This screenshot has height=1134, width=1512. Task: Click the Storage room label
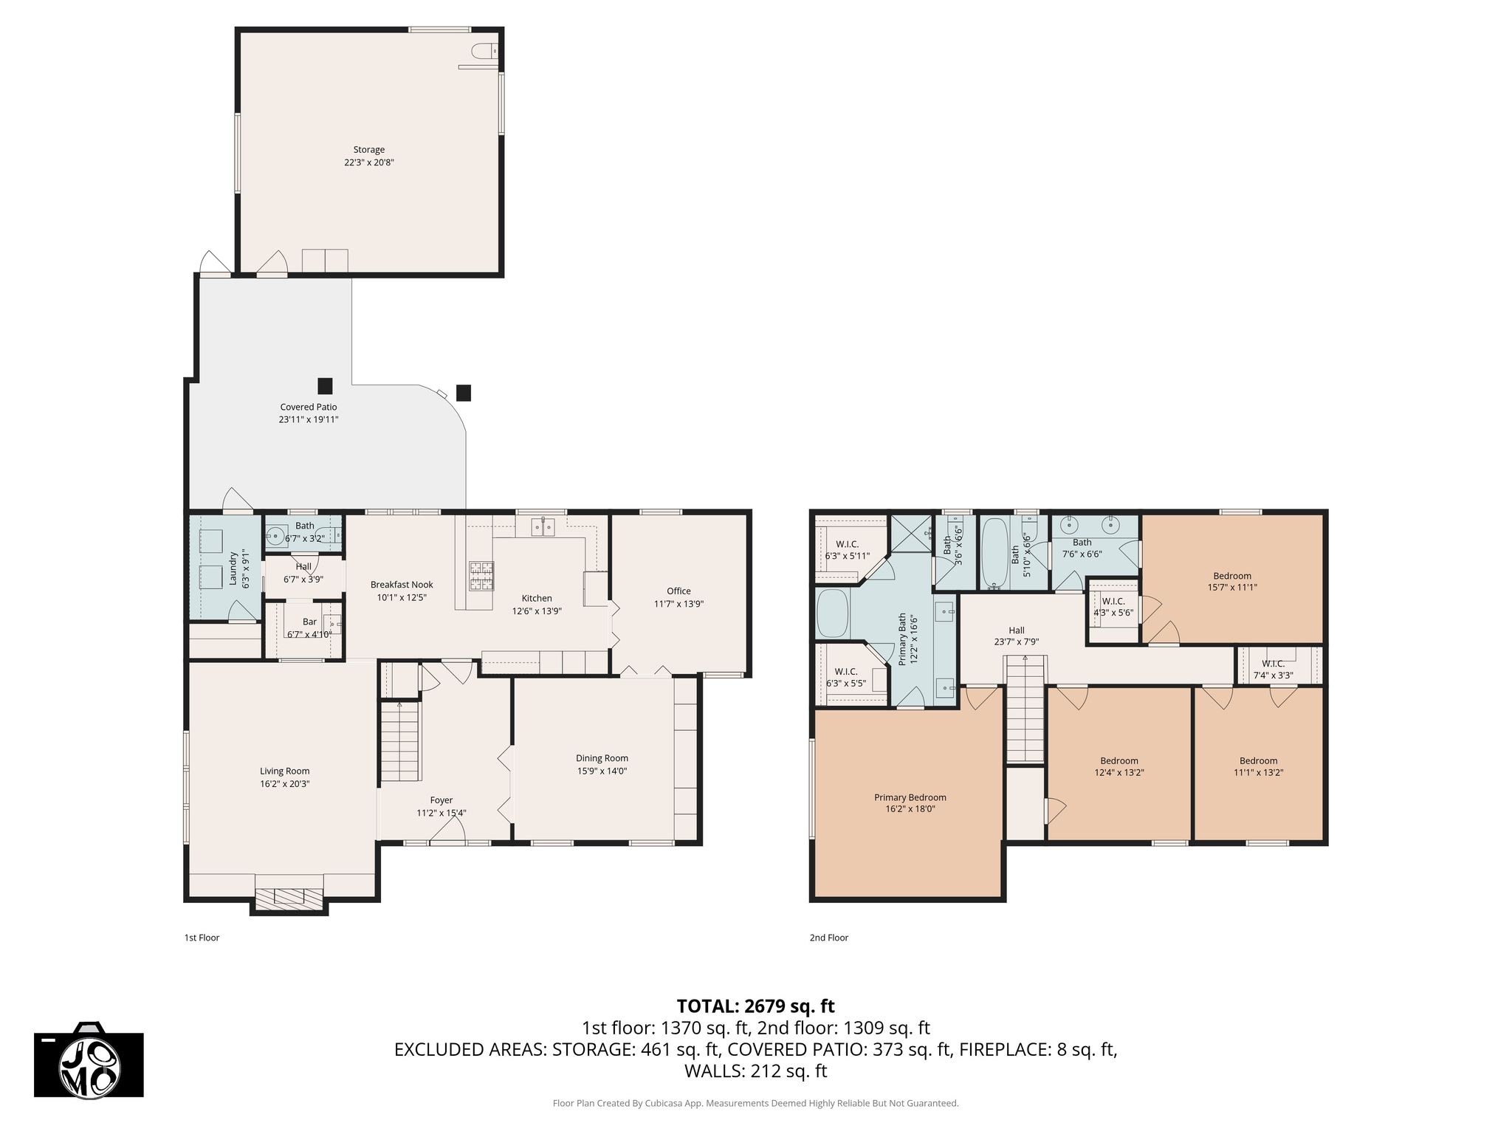pyautogui.click(x=369, y=150)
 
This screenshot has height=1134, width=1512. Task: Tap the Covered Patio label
pyautogui.click(x=309, y=407)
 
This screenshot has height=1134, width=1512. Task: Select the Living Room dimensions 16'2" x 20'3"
pyautogui.click(x=285, y=784)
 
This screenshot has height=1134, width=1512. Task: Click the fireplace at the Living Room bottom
pyautogui.click(x=289, y=896)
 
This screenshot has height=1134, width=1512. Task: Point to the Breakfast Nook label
pyautogui.click(x=402, y=585)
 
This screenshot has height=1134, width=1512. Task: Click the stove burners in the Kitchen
pyautogui.click(x=481, y=577)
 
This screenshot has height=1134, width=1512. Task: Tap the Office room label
pyautogui.click(x=679, y=591)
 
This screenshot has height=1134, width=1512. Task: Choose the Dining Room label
pyautogui.click(x=602, y=758)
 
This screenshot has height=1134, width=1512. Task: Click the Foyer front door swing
pyautogui.click(x=447, y=832)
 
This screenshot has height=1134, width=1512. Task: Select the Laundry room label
pyautogui.click(x=233, y=568)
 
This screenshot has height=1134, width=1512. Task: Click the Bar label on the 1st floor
pyautogui.click(x=309, y=622)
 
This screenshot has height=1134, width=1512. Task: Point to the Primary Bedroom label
pyautogui.click(x=910, y=797)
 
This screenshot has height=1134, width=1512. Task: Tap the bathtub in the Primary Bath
pyautogui.click(x=834, y=614)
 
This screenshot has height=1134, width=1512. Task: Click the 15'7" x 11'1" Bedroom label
pyautogui.click(x=1232, y=576)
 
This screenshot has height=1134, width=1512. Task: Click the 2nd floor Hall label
pyautogui.click(x=1017, y=630)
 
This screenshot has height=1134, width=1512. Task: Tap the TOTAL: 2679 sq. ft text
pyautogui.click(x=756, y=1006)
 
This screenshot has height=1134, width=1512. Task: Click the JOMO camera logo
pyautogui.click(x=89, y=1060)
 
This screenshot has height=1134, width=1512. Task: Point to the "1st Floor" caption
pyautogui.click(x=202, y=938)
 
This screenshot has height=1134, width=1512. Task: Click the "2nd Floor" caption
pyautogui.click(x=829, y=938)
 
